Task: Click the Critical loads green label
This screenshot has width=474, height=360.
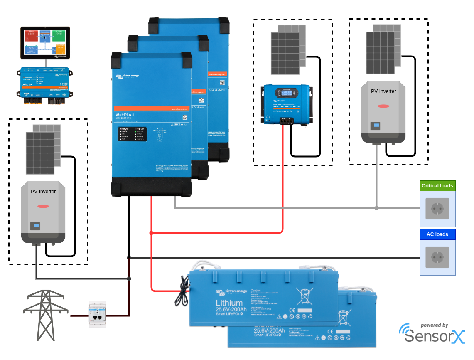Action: pos(437,186)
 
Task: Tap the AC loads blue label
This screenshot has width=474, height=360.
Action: pos(437,234)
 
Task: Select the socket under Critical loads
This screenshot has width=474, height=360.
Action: pos(437,209)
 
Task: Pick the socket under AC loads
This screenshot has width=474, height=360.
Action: pos(437,257)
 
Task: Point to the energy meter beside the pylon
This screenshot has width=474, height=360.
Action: pos(97,315)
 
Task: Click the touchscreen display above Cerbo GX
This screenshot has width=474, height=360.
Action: pos(45,42)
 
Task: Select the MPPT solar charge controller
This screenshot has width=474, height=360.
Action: pos(286,104)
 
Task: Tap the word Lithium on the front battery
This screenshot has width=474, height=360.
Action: pos(229,303)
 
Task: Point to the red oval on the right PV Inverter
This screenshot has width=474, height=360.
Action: pos(383,106)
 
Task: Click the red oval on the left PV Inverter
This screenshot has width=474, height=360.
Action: pos(43,206)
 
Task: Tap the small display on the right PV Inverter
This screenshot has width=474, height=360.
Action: pos(376,126)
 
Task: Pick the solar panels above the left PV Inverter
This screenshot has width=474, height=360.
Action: pos(43,149)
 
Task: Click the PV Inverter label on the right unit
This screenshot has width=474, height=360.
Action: pos(383,91)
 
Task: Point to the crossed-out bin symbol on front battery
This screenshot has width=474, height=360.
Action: pos(304,296)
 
